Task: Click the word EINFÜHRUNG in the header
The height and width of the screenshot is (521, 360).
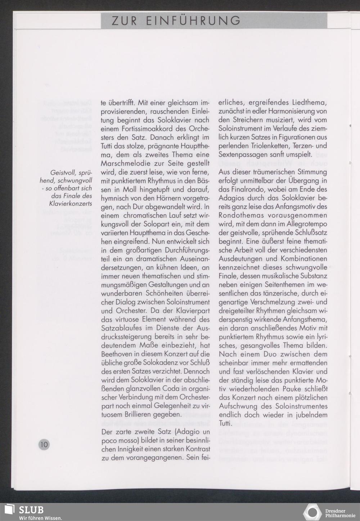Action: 193,21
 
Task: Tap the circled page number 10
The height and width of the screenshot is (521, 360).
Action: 44,444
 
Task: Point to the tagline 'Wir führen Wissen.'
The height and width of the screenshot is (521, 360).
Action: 40,518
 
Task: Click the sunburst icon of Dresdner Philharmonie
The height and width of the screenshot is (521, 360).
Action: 312,512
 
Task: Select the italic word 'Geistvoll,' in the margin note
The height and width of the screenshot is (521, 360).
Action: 63,173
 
